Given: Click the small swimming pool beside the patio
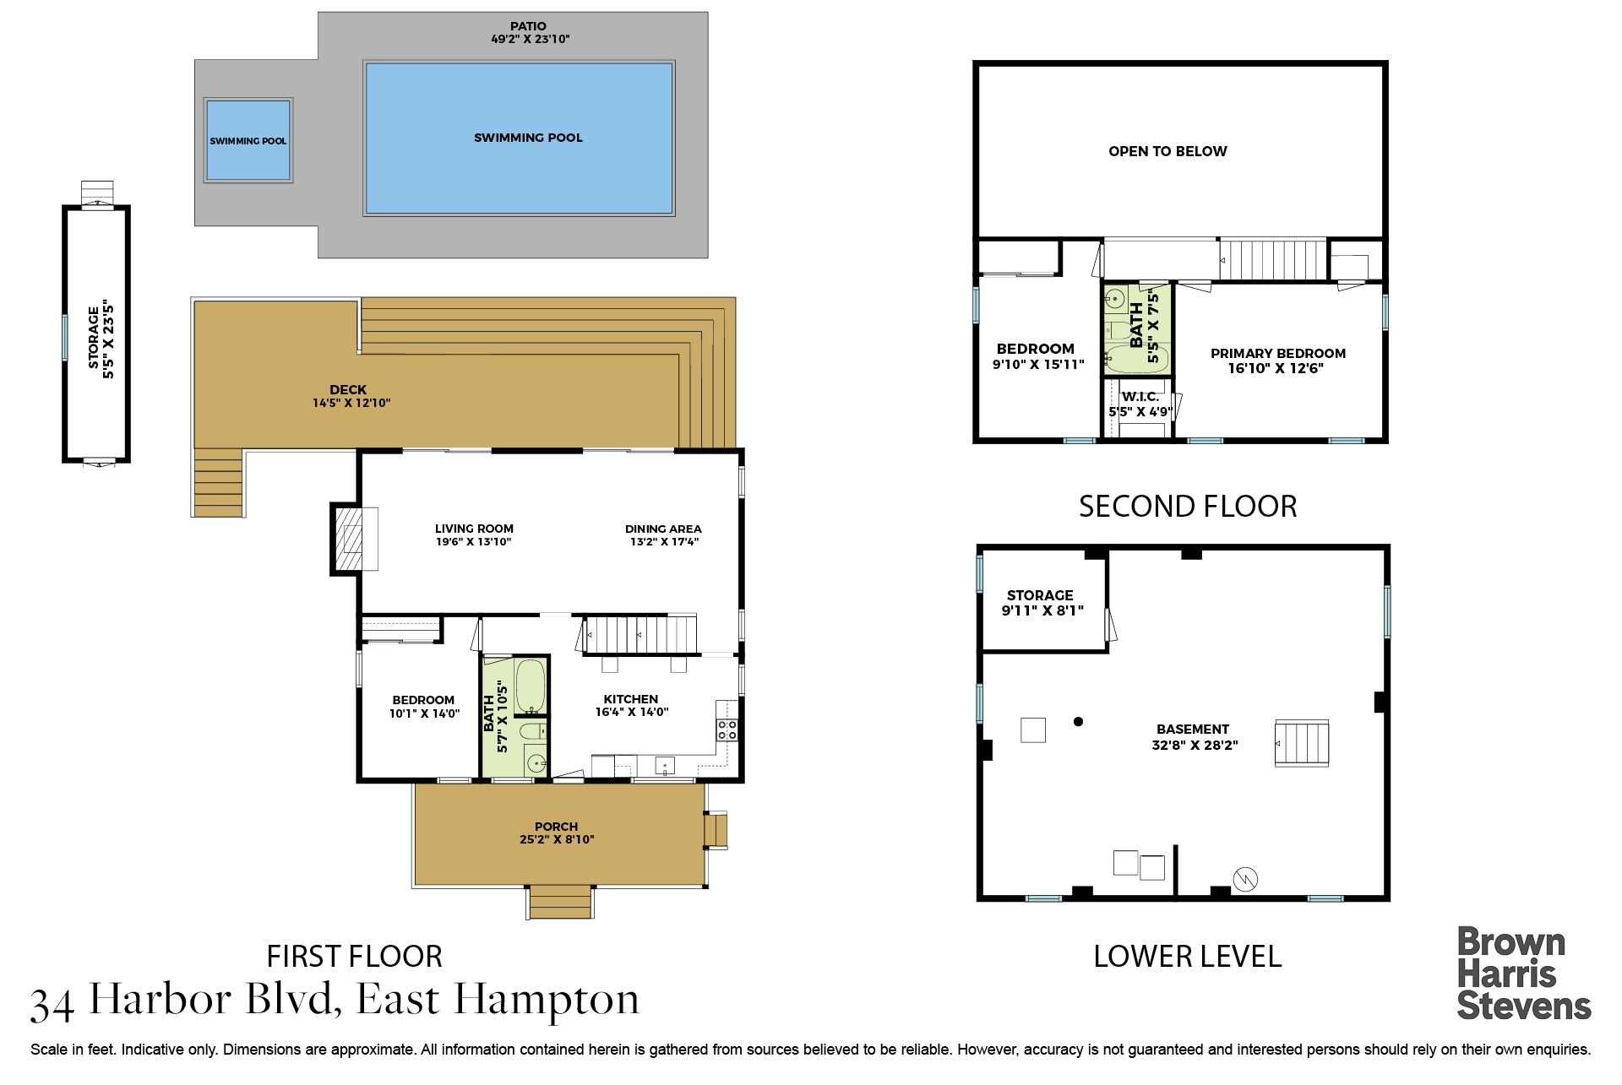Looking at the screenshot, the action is coord(248,140).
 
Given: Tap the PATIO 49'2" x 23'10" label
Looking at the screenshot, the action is coord(530,33).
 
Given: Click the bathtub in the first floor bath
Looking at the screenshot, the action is coord(531,686).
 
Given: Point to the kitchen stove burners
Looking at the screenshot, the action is coord(727,730).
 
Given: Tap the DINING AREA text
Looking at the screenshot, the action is coord(663,529).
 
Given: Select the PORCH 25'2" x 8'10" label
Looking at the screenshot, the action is coord(557,833).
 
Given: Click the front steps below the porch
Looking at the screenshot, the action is coord(560,902).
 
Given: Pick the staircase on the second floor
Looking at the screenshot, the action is coord(1272,260).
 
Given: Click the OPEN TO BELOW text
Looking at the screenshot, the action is coord(1168,151).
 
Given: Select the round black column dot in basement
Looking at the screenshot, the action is coord(1078,722).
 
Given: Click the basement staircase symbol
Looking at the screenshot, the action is coord(1302,743).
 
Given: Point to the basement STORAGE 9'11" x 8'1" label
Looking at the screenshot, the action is coord(1042,603).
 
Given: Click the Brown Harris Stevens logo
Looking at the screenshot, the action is coord(1523,974).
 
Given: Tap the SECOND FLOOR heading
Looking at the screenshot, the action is coord(1188,507).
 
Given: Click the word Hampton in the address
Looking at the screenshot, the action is coord(546,1001).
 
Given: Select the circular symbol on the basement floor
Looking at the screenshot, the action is coord(1245,880).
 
